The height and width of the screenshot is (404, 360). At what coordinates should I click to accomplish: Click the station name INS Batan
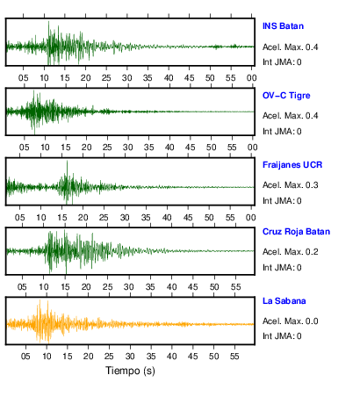point(283,26)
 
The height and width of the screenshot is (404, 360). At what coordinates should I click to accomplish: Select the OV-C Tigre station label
point(286,96)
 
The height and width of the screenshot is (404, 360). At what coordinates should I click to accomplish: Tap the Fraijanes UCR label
point(292,165)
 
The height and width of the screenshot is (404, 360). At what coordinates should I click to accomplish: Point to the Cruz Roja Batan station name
point(296,232)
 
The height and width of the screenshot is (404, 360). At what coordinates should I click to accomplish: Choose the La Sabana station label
point(284,301)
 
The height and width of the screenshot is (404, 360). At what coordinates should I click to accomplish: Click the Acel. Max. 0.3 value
point(291,185)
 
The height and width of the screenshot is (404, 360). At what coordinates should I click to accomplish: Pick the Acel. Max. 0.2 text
point(291,252)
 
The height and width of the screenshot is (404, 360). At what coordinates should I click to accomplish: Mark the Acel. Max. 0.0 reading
point(291,321)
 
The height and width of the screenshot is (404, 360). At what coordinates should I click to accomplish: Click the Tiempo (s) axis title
point(130,371)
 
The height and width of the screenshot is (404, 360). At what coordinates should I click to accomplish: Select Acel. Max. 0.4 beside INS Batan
point(291,47)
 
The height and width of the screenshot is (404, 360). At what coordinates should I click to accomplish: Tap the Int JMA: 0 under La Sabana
point(282,335)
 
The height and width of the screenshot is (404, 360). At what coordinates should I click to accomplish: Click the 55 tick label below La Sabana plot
point(234,357)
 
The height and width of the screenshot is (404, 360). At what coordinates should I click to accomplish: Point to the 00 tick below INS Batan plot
point(251,78)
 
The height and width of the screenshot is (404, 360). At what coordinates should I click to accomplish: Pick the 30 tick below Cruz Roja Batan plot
point(129,287)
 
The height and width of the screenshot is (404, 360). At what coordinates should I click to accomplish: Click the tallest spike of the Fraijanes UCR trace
point(67,161)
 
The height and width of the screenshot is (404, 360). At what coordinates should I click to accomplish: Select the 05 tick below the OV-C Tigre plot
point(25,148)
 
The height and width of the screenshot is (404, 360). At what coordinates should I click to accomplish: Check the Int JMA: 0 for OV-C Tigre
point(282,132)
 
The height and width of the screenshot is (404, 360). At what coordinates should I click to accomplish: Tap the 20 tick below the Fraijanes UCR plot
point(83,218)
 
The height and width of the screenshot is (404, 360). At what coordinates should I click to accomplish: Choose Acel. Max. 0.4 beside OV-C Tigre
point(291,116)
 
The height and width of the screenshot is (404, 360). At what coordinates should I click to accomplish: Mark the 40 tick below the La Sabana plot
point(171,357)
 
